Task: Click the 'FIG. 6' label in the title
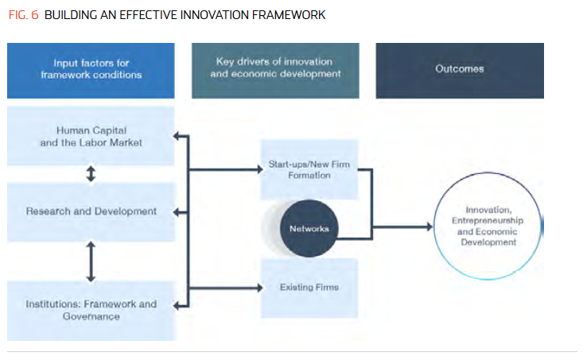pyautogui.click(x=23, y=15)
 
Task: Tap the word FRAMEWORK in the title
pyautogui.click(x=289, y=15)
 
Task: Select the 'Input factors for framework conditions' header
pyautogui.click(x=91, y=71)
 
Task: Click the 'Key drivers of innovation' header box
pyautogui.click(x=275, y=71)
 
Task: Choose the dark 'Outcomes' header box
pyautogui.click(x=460, y=71)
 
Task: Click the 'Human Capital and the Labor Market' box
pyautogui.click(x=91, y=136)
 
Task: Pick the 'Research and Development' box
pyautogui.click(x=91, y=211)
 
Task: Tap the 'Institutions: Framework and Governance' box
pyautogui.click(x=91, y=311)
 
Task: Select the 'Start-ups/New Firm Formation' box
pyautogui.click(x=309, y=169)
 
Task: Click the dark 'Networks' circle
pyautogui.click(x=309, y=229)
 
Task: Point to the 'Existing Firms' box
pyautogui.click(x=309, y=288)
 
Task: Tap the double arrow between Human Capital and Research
pyautogui.click(x=91, y=173)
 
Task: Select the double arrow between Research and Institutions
pyautogui.click(x=91, y=261)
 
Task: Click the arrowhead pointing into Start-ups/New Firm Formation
pyautogui.click(x=260, y=170)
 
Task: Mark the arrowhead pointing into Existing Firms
pyautogui.click(x=260, y=288)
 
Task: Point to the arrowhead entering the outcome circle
pyautogui.click(x=429, y=226)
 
